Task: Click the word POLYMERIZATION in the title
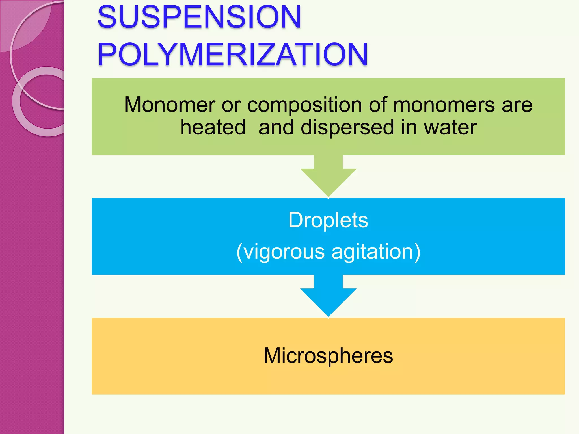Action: click(x=232, y=54)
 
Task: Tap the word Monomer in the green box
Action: click(x=170, y=105)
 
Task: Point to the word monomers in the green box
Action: click(x=444, y=105)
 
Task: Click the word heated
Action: click(x=213, y=127)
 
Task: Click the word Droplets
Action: click(x=328, y=220)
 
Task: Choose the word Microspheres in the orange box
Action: click(x=328, y=356)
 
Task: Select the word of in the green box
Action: click(x=377, y=105)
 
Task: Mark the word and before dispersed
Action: click(x=276, y=127)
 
